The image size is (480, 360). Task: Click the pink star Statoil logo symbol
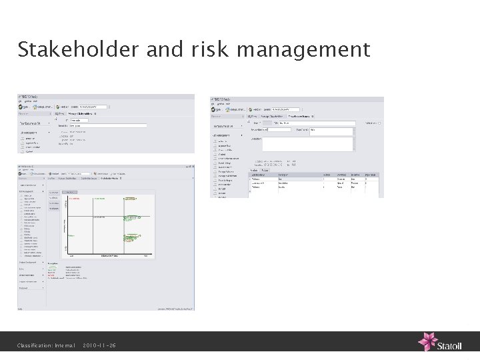click(427, 342)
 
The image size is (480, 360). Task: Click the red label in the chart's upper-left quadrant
click(76, 199)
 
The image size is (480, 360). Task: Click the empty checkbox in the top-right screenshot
click(379, 123)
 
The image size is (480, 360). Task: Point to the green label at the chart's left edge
click(71, 236)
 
